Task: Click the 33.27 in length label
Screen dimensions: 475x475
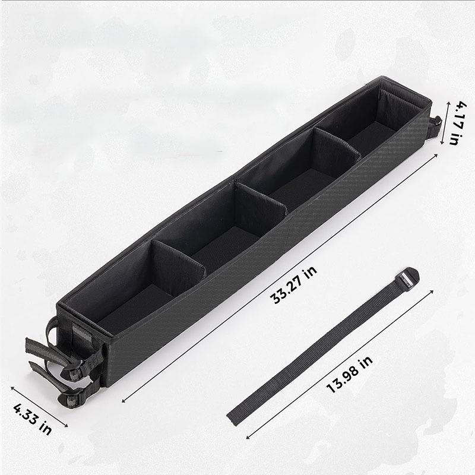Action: tap(293, 284)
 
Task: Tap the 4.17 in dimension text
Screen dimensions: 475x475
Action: tap(458, 123)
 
